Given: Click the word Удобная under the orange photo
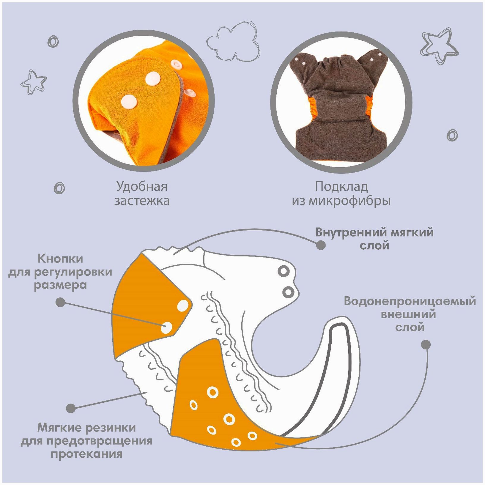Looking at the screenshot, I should coord(142,187).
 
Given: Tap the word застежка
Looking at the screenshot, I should coord(142,201).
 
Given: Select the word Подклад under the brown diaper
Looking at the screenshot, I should coord(341,187).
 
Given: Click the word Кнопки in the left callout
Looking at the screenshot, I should coord(60,259).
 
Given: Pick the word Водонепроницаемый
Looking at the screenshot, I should coord(410,301).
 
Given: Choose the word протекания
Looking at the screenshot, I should coord(86,454).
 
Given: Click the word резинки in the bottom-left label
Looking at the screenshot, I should coord(111,428).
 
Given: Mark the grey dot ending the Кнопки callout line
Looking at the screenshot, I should coord(60,303).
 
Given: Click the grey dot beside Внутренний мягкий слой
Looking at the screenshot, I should coord(321,245).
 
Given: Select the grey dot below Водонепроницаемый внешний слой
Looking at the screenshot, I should coord(426,345).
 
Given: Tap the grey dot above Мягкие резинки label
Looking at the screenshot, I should coord(71,408).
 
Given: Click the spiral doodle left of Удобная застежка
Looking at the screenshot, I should coord(59,188).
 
